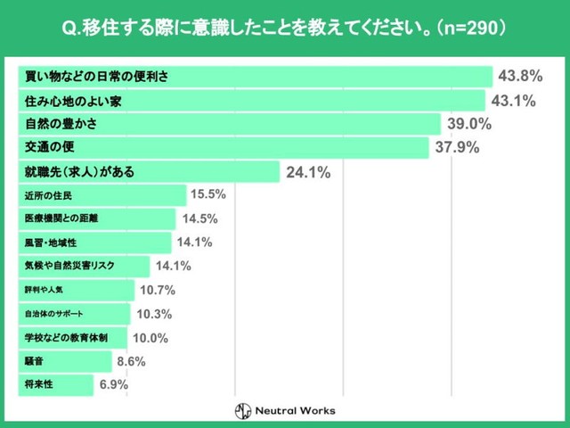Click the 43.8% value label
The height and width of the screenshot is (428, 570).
click(521, 76)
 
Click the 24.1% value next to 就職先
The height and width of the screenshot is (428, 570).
click(308, 172)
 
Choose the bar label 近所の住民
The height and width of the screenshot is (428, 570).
click(48, 195)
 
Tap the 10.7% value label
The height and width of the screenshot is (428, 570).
click(157, 290)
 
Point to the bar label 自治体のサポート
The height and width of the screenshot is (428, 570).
click(59, 314)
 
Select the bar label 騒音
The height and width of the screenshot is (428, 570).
click(36, 362)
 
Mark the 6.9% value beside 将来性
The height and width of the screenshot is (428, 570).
click(113, 385)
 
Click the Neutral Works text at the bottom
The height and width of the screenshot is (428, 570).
click(296, 411)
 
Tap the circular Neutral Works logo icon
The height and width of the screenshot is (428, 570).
click(242, 411)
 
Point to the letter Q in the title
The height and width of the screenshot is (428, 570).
click(70, 27)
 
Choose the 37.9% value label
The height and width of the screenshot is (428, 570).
click(457, 147)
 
